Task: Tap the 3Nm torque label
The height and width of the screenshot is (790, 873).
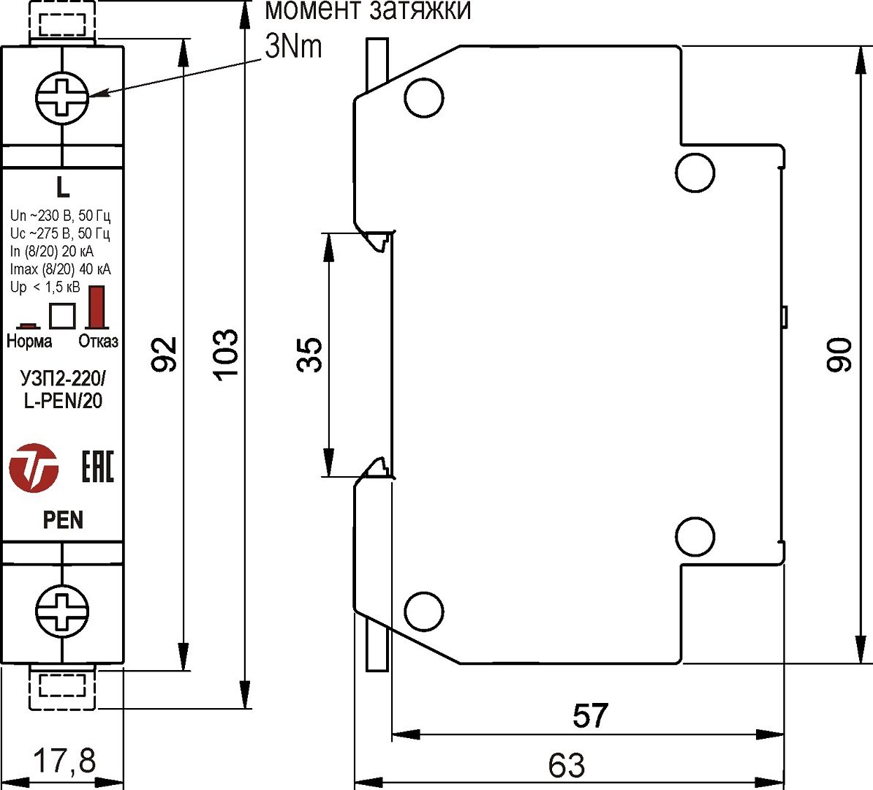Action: pyautogui.click(x=292, y=47)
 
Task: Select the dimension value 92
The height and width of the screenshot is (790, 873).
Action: pyautogui.click(x=166, y=355)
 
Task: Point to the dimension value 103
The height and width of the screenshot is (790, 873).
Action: pyautogui.click(x=226, y=355)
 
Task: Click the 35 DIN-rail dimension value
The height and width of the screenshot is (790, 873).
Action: pyautogui.click(x=310, y=355)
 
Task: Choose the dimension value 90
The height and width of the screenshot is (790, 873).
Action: pyautogui.click(x=840, y=355)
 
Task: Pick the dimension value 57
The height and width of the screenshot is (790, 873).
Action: pyautogui.click(x=590, y=716)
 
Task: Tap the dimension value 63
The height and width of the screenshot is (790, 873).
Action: pyautogui.click(x=567, y=766)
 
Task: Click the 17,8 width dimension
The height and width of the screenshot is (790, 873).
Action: pyautogui.click(x=64, y=761)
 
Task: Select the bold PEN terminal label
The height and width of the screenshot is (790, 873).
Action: pyautogui.click(x=63, y=520)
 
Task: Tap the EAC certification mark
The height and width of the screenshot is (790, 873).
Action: pyautogui.click(x=97, y=467)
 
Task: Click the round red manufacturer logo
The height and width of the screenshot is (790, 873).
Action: pyautogui.click(x=34, y=467)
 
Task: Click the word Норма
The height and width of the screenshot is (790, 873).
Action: pyautogui.click(x=29, y=342)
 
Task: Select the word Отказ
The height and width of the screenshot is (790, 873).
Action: pyautogui.click(x=98, y=342)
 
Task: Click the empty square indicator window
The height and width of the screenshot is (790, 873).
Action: pyautogui.click(x=62, y=315)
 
